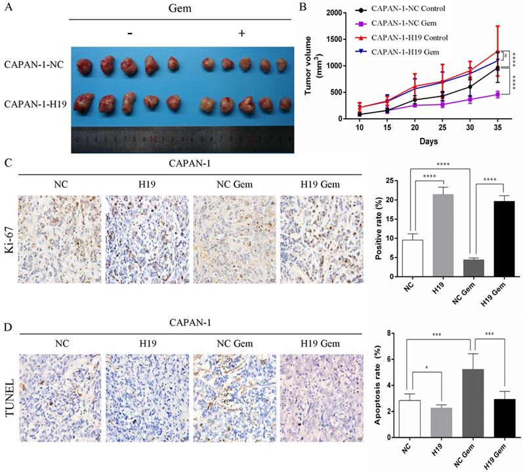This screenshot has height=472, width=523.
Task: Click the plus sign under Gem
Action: click(241, 33)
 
